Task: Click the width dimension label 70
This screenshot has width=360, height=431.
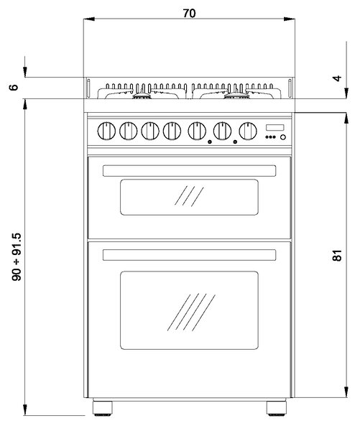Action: [x=189, y=13]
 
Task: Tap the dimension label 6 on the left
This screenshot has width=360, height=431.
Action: [x=14, y=88]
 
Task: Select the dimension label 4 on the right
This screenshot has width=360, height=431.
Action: [x=337, y=78]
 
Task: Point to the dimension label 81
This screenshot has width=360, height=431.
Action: [x=337, y=255]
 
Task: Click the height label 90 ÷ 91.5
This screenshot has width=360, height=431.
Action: [x=17, y=256]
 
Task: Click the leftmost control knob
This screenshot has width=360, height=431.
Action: [x=106, y=131]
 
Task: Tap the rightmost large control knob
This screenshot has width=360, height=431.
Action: [x=248, y=131]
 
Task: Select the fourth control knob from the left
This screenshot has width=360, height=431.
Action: [x=172, y=131]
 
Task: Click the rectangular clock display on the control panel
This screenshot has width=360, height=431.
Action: [x=274, y=128]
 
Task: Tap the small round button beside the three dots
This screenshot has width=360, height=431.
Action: [x=282, y=137]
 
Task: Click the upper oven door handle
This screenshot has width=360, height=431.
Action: [x=189, y=171]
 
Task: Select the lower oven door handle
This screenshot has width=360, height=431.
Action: [x=189, y=255]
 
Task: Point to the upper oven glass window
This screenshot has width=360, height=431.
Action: [x=189, y=197]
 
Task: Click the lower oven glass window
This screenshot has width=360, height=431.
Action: [x=189, y=310]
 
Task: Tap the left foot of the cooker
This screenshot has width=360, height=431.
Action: [x=102, y=408]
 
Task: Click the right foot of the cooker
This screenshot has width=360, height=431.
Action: [x=277, y=408]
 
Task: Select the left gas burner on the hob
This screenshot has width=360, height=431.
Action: [x=142, y=95]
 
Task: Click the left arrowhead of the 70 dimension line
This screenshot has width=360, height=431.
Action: [x=89, y=19]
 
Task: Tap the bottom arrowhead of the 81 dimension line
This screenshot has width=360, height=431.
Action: [x=346, y=391]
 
